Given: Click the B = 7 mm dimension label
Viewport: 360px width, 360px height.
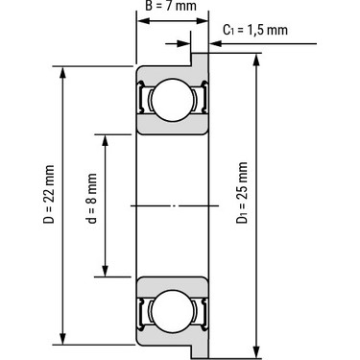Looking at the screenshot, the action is pos(171,6).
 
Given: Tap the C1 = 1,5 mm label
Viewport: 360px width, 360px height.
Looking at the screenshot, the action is pos(255,30).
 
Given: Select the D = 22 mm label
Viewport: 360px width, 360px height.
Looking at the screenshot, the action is pos(48,194).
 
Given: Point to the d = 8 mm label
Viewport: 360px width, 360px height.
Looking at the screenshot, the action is pos(92,199).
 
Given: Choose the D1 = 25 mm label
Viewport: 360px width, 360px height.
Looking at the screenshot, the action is pos(242,193).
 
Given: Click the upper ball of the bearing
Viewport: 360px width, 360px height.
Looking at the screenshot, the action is pos(173,100).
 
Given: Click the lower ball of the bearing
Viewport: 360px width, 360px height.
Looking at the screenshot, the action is pos(173,311).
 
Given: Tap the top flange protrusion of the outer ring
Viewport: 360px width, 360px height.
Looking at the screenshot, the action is pos(200,60).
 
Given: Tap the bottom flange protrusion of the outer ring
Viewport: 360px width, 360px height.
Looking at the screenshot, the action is pos(200,351).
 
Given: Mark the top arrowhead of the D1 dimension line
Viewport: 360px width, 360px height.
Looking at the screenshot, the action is pos(256,60).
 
